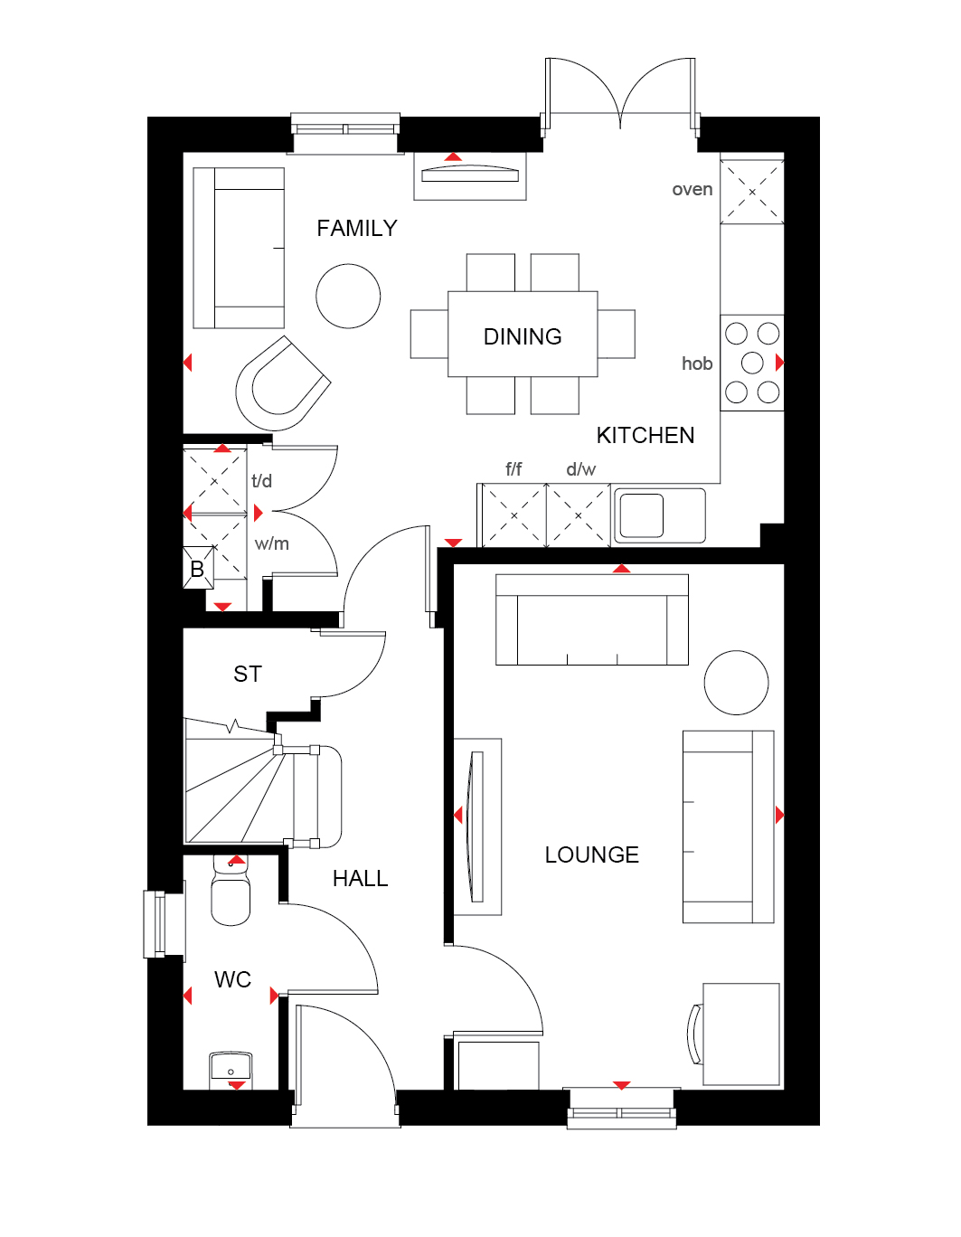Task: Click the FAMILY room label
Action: pyautogui.click(x=357, y=228)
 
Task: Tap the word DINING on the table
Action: pyautogui.click(x=523, y=337)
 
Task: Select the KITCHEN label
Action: pyautogui.click(x=645, y=436)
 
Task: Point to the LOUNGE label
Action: pyautogui.click(x=592, y=855)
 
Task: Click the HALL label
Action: pyautogui.click(x=360, y=879)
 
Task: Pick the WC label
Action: pyautogui.click(x=232, y=980)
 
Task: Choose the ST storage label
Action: pyautogui.click(x=248, y=675)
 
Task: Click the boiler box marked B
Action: pyautogui.click(x=198, y=568)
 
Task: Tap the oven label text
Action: pyautogui.click(x=692, y=190)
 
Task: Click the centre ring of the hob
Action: pyautogui.click(x=752, y=364)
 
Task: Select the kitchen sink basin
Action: pyautogui.click(x=642, y=515)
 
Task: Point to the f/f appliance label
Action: pyautogui.click(x=513, y=469)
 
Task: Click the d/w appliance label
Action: pyautogui.click(x=581, y=469)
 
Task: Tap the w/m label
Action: pyautogui.click(x=272, y=544)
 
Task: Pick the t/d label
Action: pyautogui.click(x=262, y=481)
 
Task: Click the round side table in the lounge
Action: pyautogui.click(x=736, y=683)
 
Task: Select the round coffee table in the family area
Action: pyautogui.click(x=348, y=296)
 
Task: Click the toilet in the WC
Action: pyautogui.click(x=231, y=891)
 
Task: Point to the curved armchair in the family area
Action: pyautogui.click(x=282, y=382)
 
